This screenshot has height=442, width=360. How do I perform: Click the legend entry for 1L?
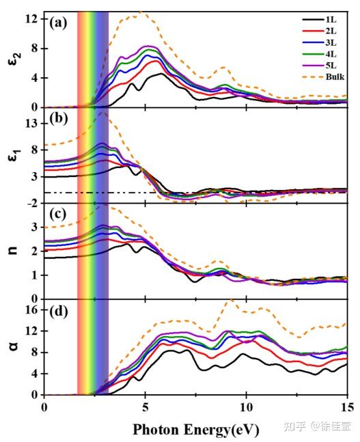click(329, 19)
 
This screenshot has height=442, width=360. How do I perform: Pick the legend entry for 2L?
click(329, 31)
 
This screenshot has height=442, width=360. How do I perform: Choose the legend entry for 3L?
click(329, 42)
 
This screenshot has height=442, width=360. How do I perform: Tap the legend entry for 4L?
click(329, 54)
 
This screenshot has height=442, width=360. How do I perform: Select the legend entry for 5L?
click(329, 66)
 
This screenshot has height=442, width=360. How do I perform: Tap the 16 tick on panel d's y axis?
click(31, 309)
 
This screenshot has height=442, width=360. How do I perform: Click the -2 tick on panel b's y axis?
click(31, 203)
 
